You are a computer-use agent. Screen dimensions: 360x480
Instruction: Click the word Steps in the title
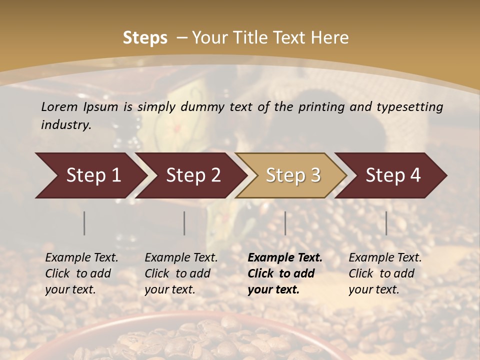(145, 38)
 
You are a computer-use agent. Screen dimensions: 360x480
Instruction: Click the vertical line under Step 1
(84, 223)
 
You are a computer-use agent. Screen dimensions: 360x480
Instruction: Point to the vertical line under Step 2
(184, 223)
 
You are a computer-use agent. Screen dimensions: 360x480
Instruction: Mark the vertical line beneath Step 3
(285, 223)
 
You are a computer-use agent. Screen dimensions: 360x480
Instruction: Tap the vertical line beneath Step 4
(386, 223)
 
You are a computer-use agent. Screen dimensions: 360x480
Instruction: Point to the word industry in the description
(65, 125)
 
